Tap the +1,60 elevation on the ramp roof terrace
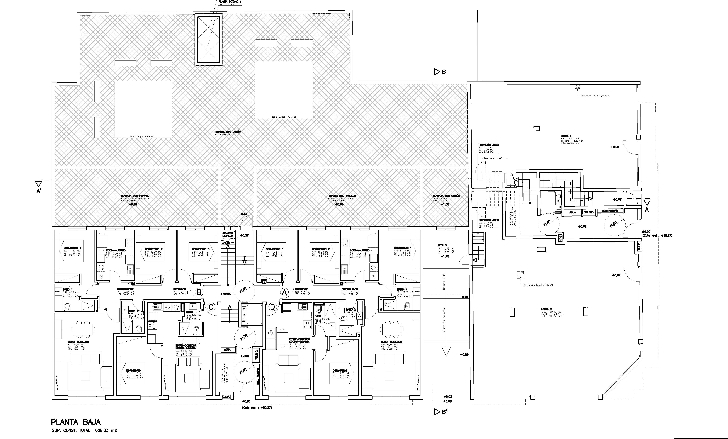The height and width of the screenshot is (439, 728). (445, 204)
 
